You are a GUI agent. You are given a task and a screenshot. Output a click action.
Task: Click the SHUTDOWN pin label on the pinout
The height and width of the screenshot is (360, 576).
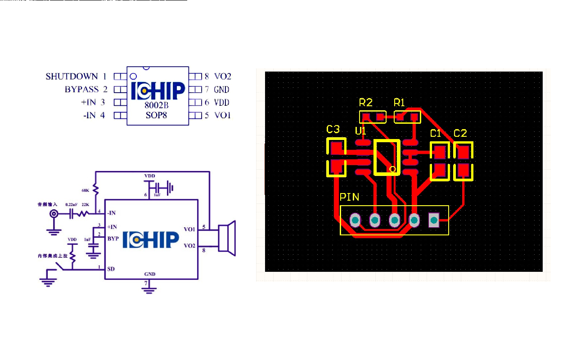click(72, 76)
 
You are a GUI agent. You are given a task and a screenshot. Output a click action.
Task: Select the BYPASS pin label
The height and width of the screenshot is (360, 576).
click(81, 90)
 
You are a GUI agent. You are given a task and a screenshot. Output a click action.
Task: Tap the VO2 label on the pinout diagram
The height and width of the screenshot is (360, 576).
click(223, 76)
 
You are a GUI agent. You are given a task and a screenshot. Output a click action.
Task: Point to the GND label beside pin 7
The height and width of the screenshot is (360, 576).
click(222, 90)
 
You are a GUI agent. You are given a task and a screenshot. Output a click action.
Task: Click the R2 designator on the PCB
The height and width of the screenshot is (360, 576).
click(366, 102)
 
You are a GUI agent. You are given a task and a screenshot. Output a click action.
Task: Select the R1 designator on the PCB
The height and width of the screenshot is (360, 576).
click(399, 102)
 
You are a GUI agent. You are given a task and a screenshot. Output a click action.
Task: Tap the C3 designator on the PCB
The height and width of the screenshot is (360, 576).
click(333, 130)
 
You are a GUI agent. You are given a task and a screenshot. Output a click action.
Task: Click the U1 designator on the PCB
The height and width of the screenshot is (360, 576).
click(360, 131)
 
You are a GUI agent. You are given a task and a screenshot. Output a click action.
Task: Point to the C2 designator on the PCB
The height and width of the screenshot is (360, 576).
click(460, 133)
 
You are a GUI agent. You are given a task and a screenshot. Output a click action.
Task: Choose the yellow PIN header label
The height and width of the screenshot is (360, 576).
click(349, 197)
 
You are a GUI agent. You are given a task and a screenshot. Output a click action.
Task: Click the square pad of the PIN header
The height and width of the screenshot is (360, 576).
click(434, 220)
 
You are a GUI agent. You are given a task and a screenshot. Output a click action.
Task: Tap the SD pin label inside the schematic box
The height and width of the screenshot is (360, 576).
click(111, 269)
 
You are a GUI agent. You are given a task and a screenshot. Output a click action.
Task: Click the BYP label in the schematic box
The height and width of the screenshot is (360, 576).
click(113, 238)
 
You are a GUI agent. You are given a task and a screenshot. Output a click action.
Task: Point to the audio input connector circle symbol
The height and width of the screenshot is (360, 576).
click(54, 214)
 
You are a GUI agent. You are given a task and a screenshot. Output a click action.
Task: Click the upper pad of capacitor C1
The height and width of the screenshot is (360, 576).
click(440, 152)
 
